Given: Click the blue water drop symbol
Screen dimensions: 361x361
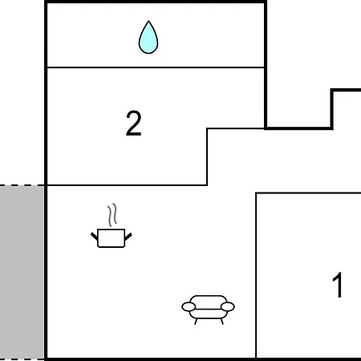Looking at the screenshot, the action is tap(148, 39).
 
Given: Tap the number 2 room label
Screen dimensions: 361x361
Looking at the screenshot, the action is tap(133, 124).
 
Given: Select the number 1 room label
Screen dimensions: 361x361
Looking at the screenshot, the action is tap(338, 285).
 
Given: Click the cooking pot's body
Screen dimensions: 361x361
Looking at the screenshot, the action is tap(112, 238).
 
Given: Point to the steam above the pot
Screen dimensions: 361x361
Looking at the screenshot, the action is tap(112, 215).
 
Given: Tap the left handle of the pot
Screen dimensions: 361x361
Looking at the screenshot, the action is tap(94, 237).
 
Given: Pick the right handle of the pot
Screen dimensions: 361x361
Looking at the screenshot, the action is tap(128, 237).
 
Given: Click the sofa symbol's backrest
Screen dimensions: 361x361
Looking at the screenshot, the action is tap(209, 300).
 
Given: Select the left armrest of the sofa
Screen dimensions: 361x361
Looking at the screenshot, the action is tap(189, 306).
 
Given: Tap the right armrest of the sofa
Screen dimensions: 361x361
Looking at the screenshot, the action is tap(228, 306).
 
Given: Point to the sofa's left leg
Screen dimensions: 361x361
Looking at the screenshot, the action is tap(196, 322).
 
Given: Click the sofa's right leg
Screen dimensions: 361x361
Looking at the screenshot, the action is tap(221, 322).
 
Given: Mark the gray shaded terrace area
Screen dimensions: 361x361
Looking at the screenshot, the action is tap(22, 272).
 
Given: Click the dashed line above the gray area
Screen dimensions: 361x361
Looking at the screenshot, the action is tap(22, 185).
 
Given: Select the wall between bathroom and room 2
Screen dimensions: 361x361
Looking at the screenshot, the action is tap(156, 67).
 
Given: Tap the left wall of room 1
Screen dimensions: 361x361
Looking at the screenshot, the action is tap(256, 275).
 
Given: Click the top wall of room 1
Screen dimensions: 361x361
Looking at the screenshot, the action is tap(308, 193).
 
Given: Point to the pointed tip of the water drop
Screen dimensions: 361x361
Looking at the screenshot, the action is tap(148, 21).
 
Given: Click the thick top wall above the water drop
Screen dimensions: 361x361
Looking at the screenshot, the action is tap(156, 2).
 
